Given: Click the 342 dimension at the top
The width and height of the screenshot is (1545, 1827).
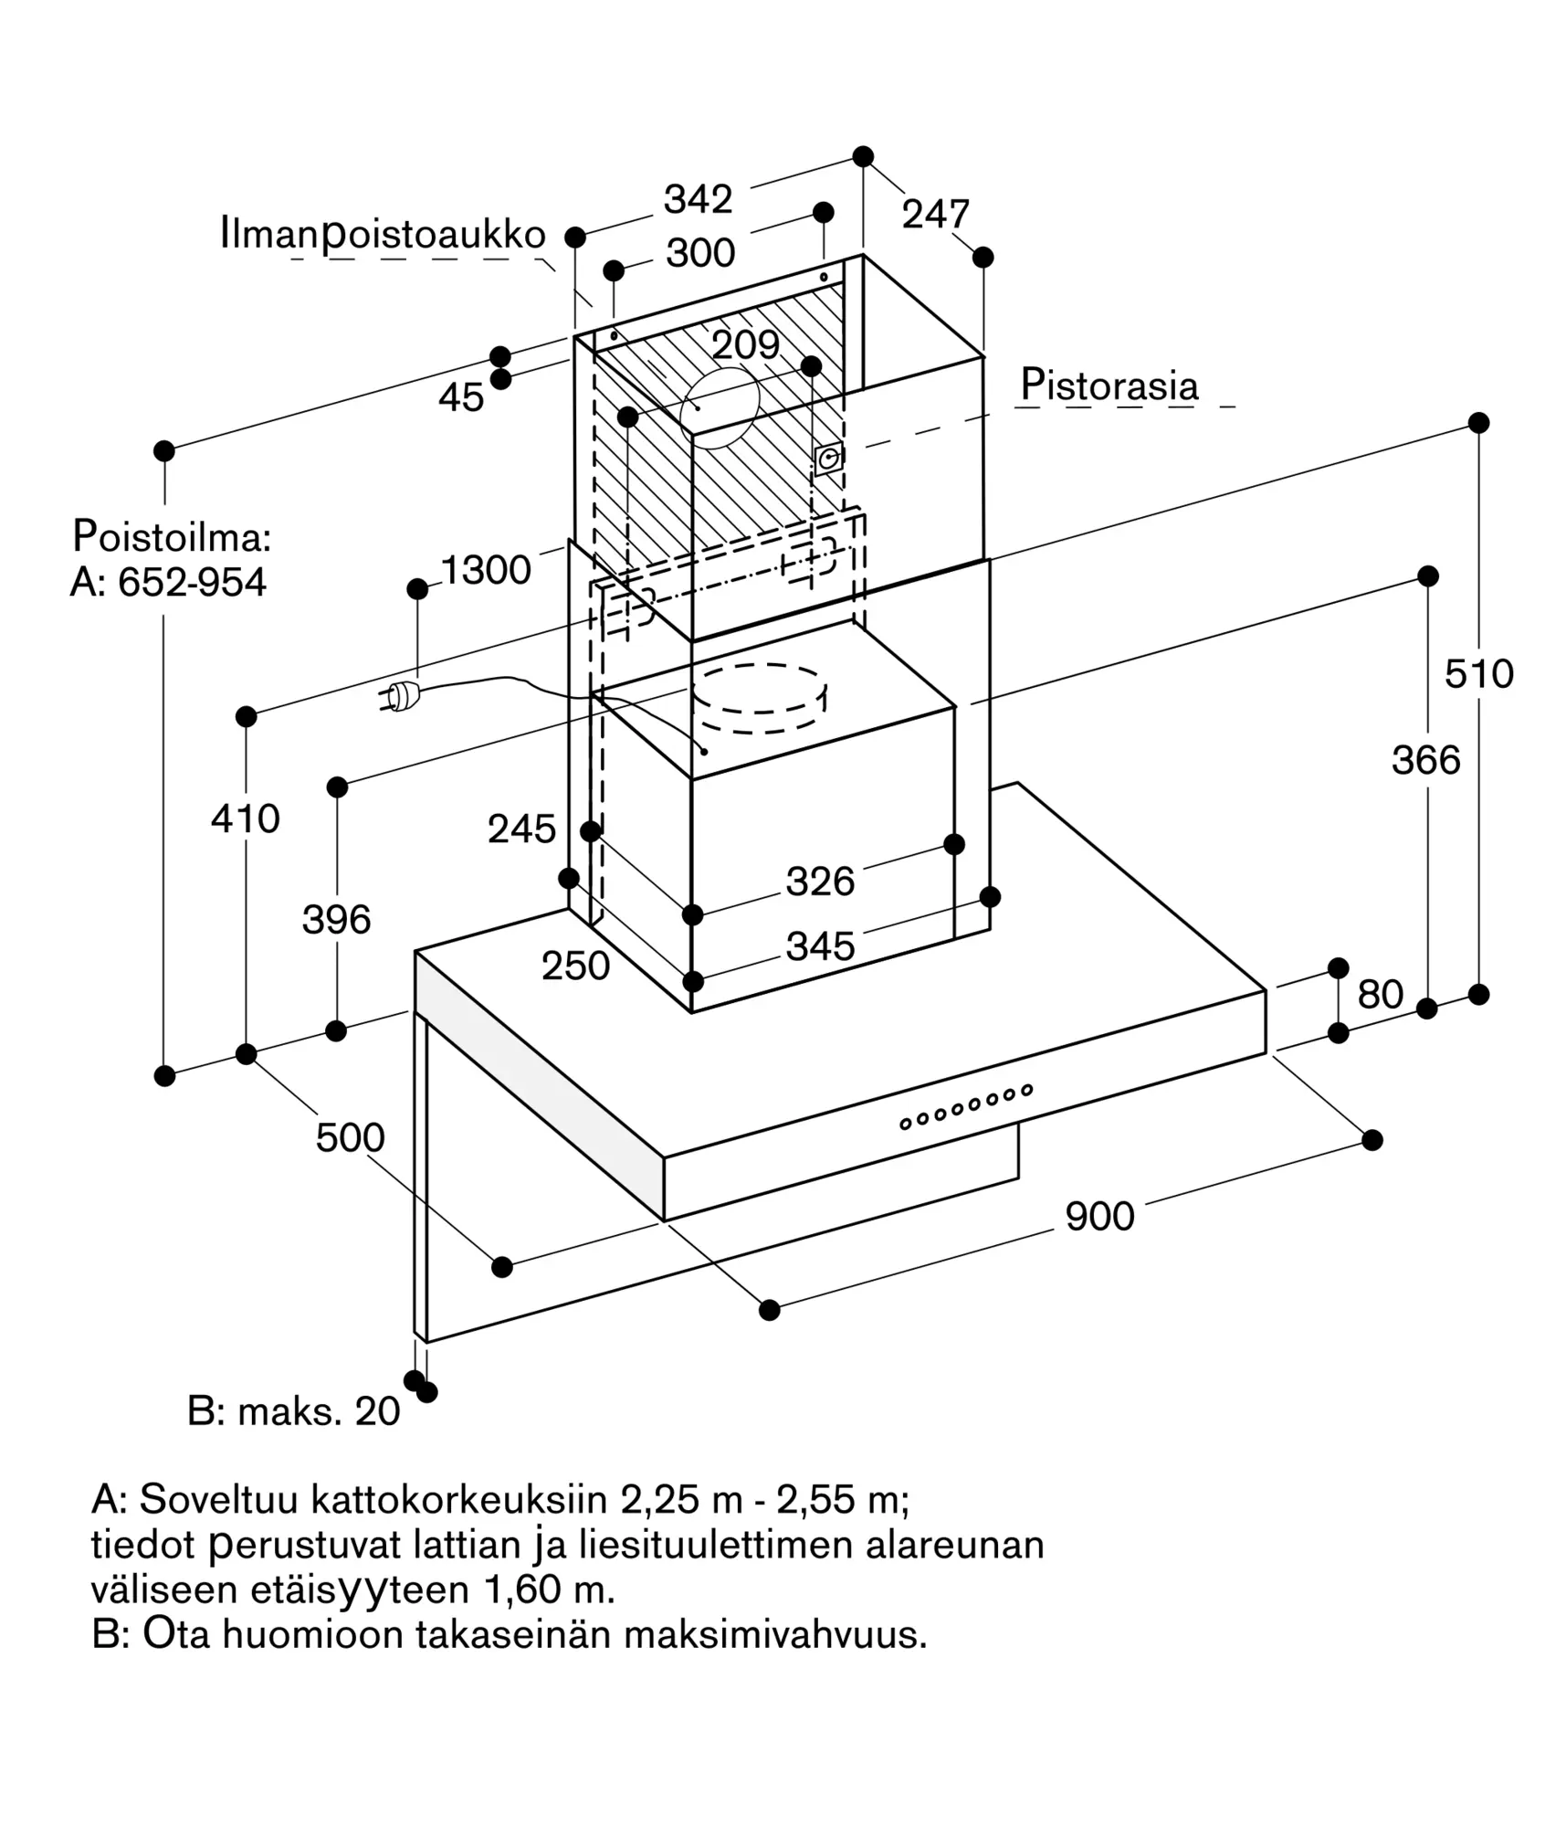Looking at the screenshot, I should pos(698,199).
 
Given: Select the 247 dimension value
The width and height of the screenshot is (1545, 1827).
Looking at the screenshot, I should pos(935,215).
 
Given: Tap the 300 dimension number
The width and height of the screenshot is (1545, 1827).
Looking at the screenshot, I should pos(700,253).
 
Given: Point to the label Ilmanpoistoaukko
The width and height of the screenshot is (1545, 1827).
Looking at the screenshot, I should pos(383,235).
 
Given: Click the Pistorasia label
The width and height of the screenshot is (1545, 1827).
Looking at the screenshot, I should pos(1109,385).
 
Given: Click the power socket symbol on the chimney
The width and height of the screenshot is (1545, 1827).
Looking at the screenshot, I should pos(828,459).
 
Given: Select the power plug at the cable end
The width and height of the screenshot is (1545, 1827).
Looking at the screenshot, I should pos(399,698).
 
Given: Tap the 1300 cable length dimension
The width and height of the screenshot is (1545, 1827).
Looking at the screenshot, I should pos(486,570).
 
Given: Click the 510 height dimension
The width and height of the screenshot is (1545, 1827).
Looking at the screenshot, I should pos(1478,674).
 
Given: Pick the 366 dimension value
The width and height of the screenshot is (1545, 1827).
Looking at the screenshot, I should pos(1425,760).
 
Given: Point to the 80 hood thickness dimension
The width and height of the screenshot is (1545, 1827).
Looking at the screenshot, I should pos(1380,994).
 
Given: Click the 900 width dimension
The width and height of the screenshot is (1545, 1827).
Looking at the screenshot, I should pos(1099,1216).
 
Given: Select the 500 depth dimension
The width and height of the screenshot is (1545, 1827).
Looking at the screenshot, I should pos(350,1137).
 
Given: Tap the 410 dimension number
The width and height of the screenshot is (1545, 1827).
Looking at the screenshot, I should pos(245,818).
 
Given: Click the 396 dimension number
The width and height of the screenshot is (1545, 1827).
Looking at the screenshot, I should pos(336,919).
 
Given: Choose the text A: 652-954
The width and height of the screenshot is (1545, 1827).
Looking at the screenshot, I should pos(168,582).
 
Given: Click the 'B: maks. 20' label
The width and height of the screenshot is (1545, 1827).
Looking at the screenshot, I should pos(293,1411).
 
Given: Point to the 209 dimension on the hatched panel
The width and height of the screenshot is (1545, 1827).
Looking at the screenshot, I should pos(745,344).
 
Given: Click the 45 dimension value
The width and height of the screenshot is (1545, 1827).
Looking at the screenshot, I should pos(461,397).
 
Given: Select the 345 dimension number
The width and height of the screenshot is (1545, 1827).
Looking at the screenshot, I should pos(820,946).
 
